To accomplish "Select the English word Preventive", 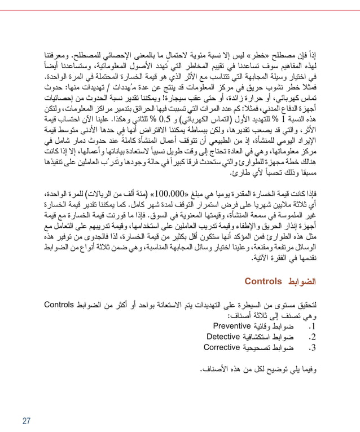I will point(235,326).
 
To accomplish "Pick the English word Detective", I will point(224,337).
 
